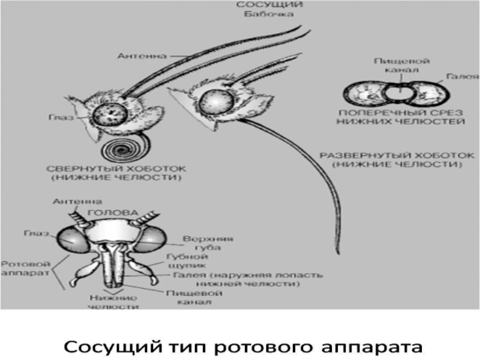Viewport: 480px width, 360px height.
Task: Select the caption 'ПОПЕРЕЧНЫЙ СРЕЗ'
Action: click(401, 112)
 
